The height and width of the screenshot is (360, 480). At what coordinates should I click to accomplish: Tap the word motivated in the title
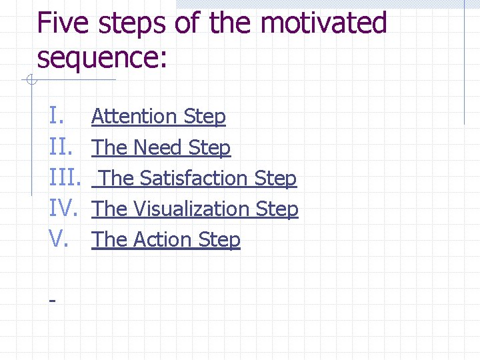[x=323, y=23]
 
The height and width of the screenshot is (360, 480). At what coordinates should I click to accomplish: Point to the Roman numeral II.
[x=61, y=147]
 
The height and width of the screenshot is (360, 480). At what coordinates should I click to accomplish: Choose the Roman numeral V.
[x=58, y=239]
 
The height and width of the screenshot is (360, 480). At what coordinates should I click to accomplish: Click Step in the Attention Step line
[x=205, y=117]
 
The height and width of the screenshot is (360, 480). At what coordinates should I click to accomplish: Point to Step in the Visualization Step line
[x=277, y=209]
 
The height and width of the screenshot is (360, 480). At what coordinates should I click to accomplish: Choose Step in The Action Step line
[x=220, y=240]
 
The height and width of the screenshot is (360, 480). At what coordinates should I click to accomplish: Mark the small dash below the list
[x=52, y=301]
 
